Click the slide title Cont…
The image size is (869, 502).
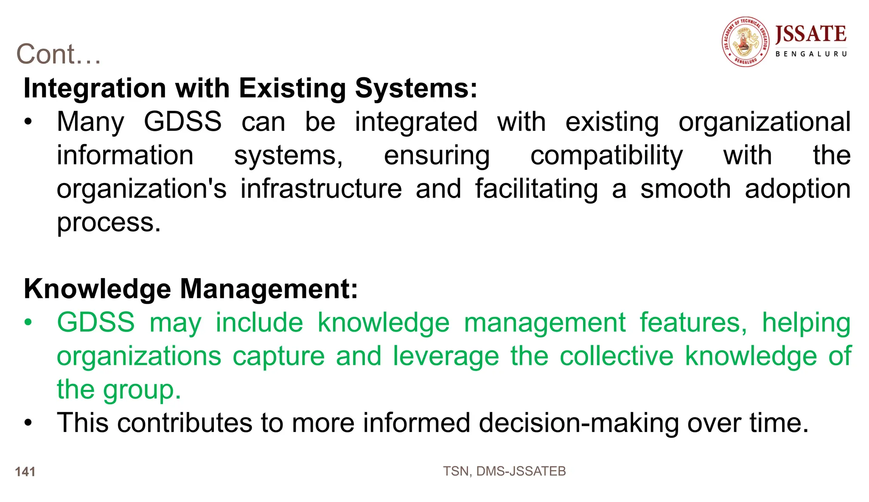tap(59, 54)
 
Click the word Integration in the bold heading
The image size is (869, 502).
tap(95, 88)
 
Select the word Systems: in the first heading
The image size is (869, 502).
tap(416, 88)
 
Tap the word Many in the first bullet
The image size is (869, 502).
tap(91, 122)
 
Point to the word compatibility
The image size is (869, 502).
tap(606, 156)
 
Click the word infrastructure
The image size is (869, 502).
tap(321, 189)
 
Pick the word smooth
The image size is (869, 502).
tap(685, 189)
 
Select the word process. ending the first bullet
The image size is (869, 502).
tap(109, 223)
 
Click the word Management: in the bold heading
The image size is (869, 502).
tap(269, 289)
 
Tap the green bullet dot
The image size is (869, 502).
tap(28, 322)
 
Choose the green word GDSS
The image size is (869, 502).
tap(96, 322)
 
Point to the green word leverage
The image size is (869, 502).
tap(446, 356)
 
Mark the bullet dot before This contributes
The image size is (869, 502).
tap(28, 423)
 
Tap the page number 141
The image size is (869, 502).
tap(25, 472)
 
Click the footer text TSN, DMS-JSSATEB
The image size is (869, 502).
tap(504, 471)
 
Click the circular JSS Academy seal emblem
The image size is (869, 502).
tap(745, 42)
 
